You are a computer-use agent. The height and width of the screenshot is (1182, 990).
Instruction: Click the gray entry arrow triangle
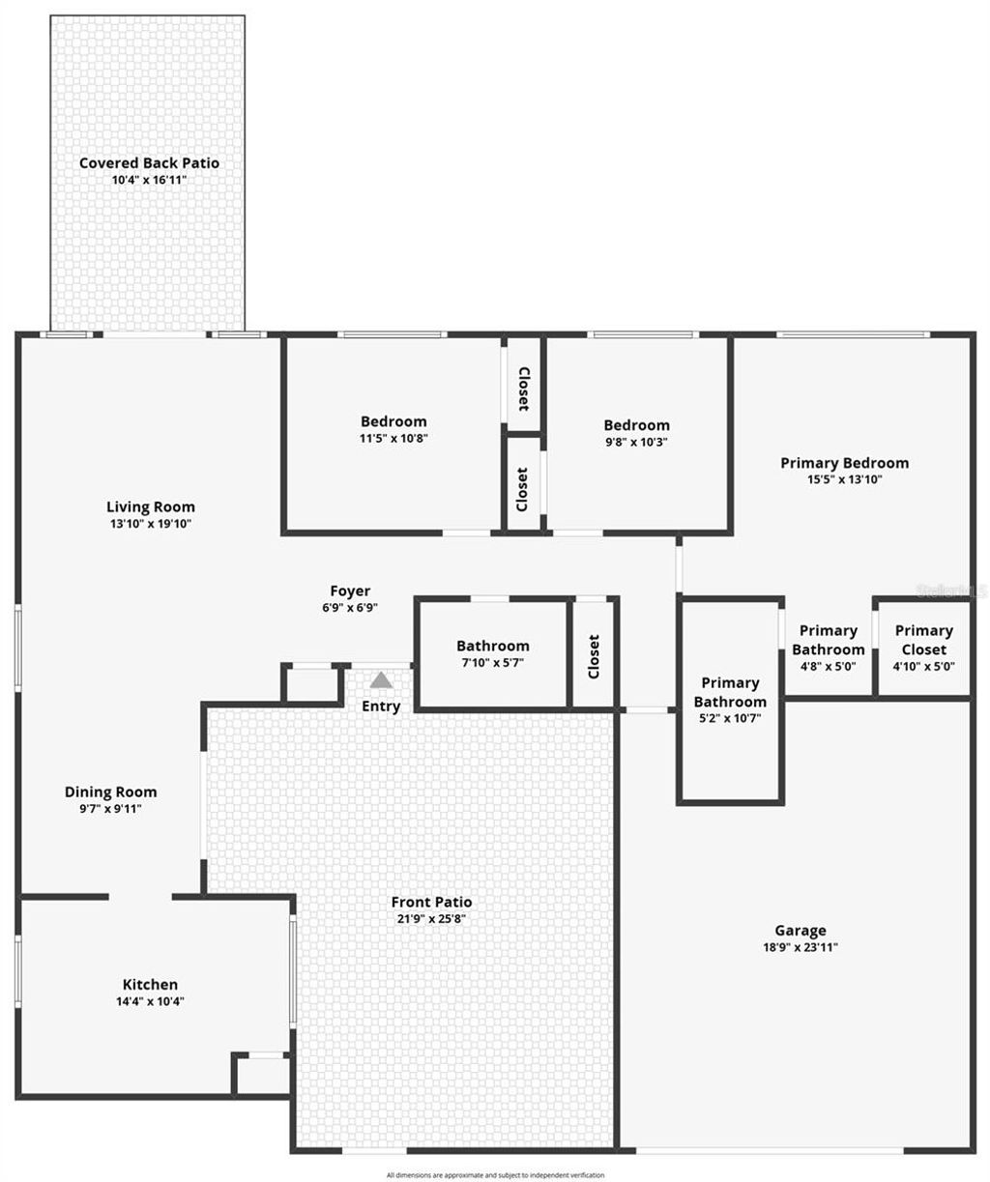click(381, 680)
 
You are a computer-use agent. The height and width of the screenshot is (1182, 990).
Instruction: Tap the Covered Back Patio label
click(149, 163)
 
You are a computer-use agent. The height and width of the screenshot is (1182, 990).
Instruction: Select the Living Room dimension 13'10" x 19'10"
click(150, 524)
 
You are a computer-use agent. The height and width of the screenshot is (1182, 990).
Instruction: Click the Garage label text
click(801, 931)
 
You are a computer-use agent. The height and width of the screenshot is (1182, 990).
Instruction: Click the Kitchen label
click(150, 984)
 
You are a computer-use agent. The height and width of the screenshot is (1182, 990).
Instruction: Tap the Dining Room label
click(110, 792)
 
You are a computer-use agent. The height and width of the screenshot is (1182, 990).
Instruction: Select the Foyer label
click(350, 591)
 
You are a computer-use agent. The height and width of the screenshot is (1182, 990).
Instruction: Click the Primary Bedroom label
click(844, 463)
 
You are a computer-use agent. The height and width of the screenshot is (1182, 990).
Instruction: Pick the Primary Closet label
click(923, 640)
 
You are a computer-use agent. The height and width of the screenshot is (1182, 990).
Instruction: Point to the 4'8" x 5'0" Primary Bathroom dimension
click(829, 666)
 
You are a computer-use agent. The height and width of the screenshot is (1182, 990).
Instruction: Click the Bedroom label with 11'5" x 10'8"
click(393, 421)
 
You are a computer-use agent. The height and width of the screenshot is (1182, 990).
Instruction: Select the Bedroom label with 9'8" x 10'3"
click(636, 425)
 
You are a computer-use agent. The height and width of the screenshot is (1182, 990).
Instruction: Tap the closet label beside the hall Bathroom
click(594, 655)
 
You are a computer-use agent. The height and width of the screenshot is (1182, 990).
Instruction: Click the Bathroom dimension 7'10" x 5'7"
click(493, 663)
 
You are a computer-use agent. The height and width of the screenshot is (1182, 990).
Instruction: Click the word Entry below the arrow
click(381, 706)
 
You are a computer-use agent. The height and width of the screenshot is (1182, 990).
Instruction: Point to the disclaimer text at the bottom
click(495, 1175)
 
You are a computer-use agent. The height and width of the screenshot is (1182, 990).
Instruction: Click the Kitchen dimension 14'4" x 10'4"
click(150, 1001)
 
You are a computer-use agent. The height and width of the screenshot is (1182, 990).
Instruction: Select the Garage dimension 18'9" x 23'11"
click(801, 948)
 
